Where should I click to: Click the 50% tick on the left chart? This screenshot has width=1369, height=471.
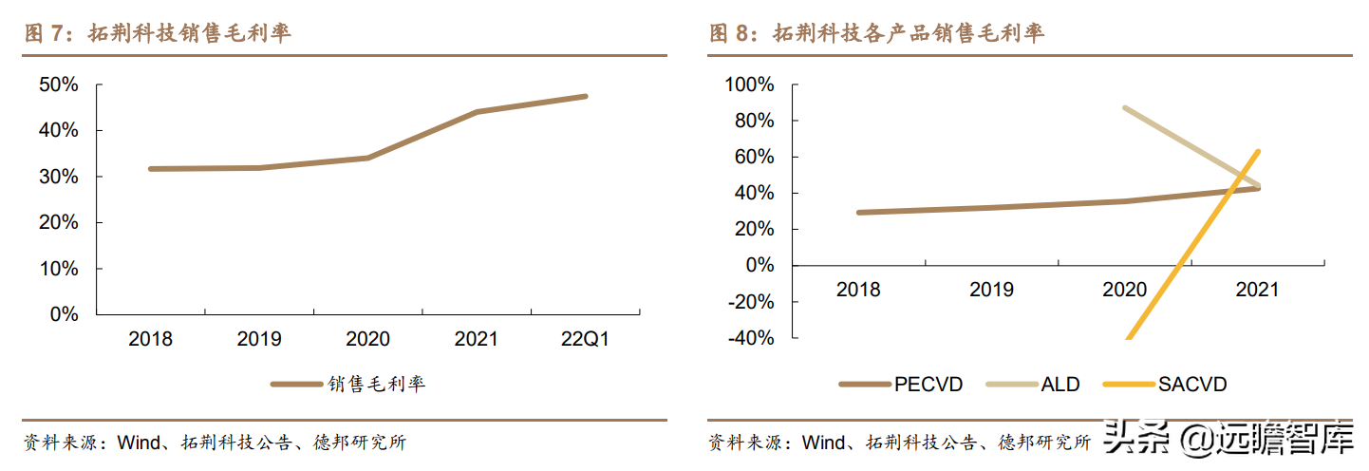tap(59, 85)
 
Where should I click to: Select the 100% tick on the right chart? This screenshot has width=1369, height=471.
tap(750, 85)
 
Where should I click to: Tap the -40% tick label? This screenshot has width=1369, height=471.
tap(752, 337)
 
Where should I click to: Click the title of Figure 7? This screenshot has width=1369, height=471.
tap(158, 33)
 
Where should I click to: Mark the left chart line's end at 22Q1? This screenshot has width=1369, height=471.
tap(585, 96)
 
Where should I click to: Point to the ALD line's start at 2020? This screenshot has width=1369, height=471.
tap(1125, 108)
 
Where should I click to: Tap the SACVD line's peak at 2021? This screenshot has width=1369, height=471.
tap(1258, 151)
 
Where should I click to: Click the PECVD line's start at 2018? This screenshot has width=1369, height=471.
tap(859, 213)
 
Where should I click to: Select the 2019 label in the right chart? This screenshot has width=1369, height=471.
tap(991, 290)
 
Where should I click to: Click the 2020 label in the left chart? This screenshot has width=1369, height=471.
tap(368, 339)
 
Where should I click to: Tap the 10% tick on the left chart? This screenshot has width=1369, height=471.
tap(59, 269)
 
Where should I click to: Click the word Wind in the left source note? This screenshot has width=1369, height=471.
tap(141, 443)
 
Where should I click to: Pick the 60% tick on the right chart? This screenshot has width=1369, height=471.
tap(755, 157)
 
